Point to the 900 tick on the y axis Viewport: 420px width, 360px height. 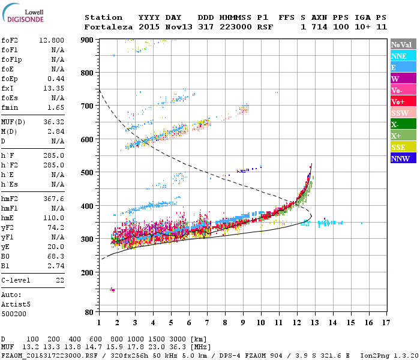(x=88, y=40)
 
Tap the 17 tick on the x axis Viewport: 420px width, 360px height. (x=387, y=323)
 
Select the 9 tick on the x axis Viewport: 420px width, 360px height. (x=243, y=323)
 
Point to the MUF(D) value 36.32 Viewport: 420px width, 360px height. (x=54, y=122)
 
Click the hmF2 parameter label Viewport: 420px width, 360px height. (x=11, y=199)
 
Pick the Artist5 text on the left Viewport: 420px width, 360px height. (x=16, y=304)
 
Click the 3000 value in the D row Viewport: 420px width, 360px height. (x=178, y=340)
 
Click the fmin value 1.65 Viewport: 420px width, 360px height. (x=56, y=107)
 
